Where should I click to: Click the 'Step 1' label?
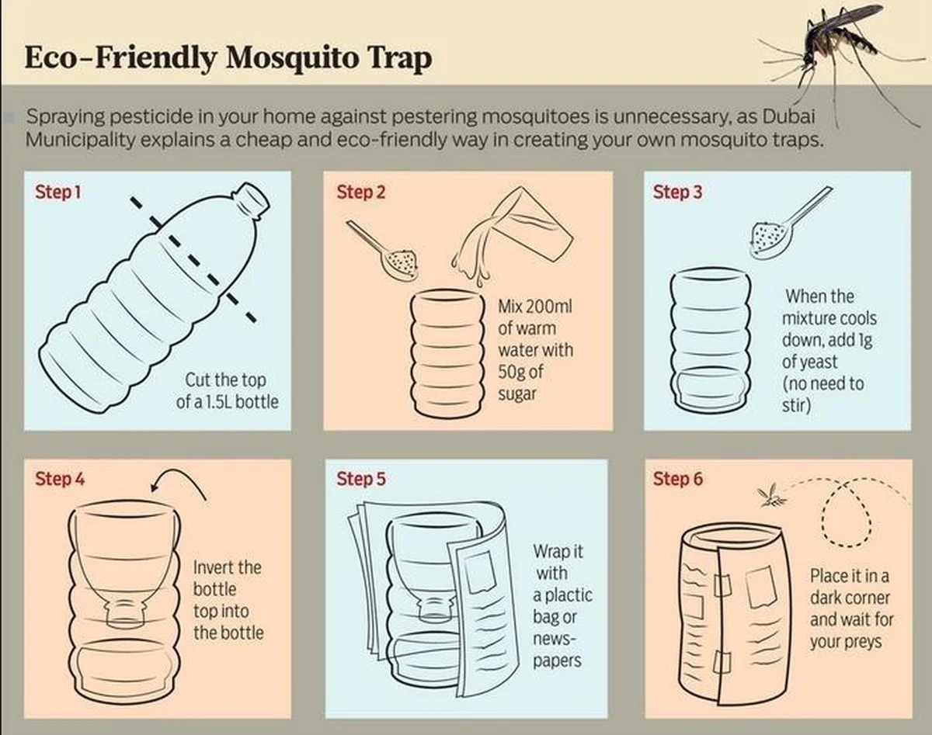pos(58,192)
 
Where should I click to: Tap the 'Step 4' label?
pos(60,479)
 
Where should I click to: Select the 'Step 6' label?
pos(678,479)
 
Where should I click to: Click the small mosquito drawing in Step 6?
pos(771,498)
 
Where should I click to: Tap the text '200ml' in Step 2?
pos(547,307)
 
